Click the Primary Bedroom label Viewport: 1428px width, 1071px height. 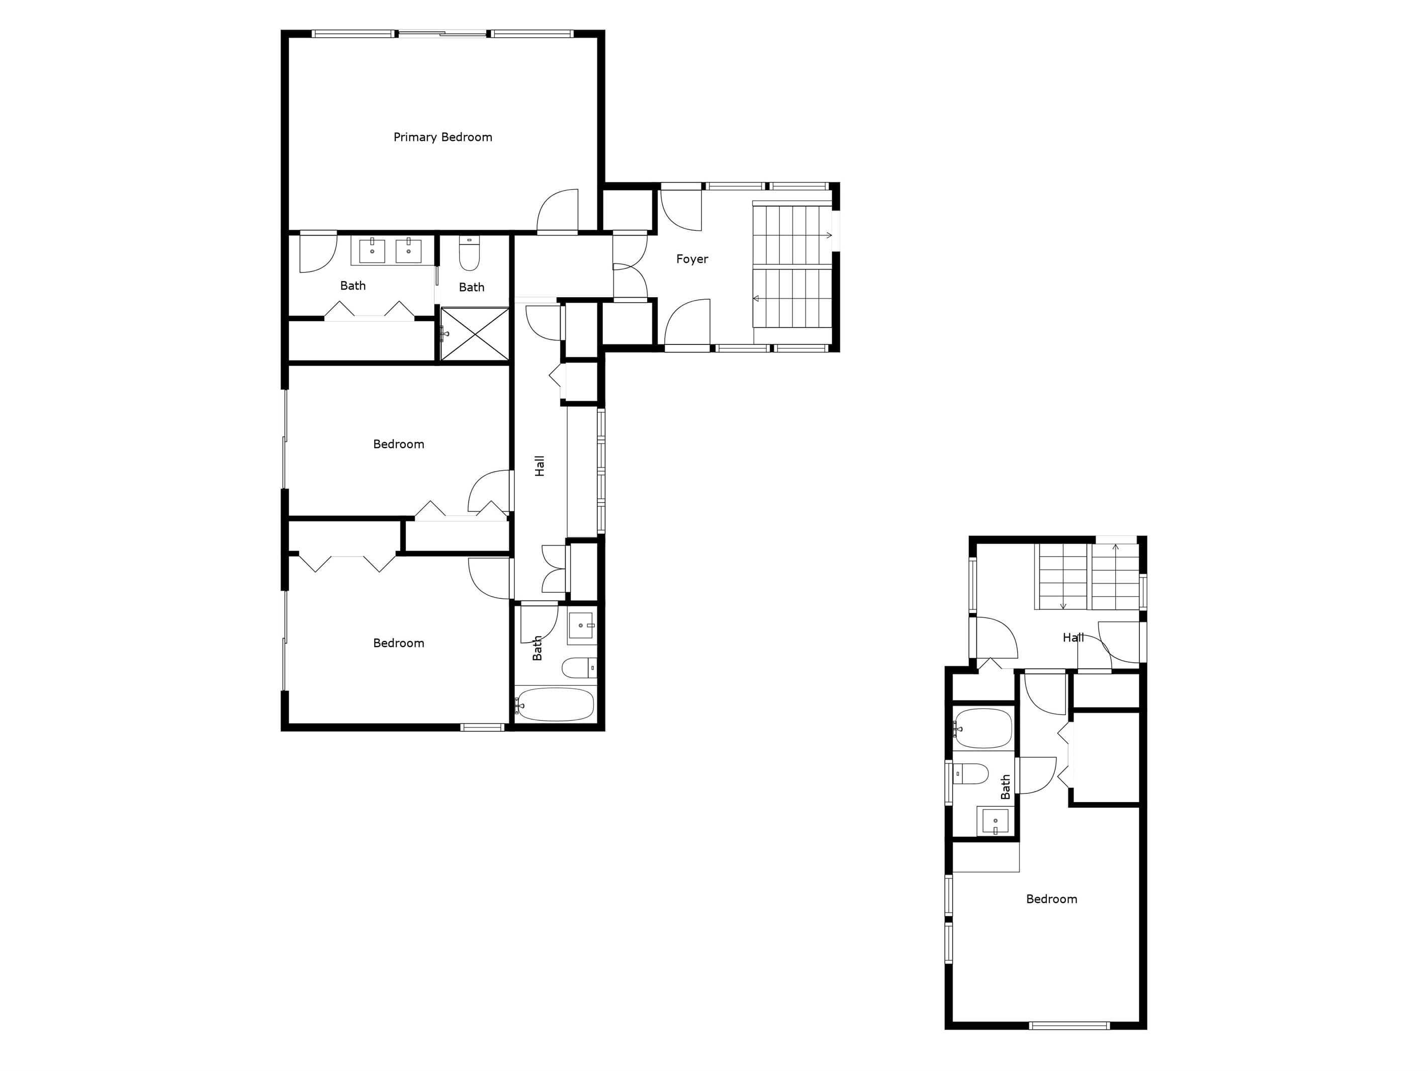pyautogui.click(x=443, y=137)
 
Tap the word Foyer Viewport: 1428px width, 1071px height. pyautogui.click(x=692, y=259)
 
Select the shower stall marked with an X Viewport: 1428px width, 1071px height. pyautogui.click(x=475, y=334)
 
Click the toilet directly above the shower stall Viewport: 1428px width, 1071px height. pyautogui.click(x=469, y=254)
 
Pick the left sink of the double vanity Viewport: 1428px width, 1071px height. pyautogui.click(x=372, y=250)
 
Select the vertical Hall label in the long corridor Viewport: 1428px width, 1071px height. pyautogui.click(x=540, y=466)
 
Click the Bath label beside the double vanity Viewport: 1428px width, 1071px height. pyautogui.click(x=353, y=285)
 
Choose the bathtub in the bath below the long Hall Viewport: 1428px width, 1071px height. pyautogui.click(x=555, y=704)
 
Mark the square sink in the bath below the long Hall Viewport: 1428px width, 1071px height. pyautogui.click(x=582, y=626)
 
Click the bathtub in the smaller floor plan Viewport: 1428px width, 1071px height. pyautogui.click(x=983, y=728)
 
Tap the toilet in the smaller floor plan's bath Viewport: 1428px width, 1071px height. pyautogui.click(x=970, y=773)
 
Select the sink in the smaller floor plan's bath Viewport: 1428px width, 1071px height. pyautogui.click(x=995, y=821)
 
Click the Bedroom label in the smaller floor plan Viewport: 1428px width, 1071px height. pyautogui.click(x=1051, y=899)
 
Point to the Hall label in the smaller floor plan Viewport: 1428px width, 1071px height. pyautogui.click(x=1073, y=637)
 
